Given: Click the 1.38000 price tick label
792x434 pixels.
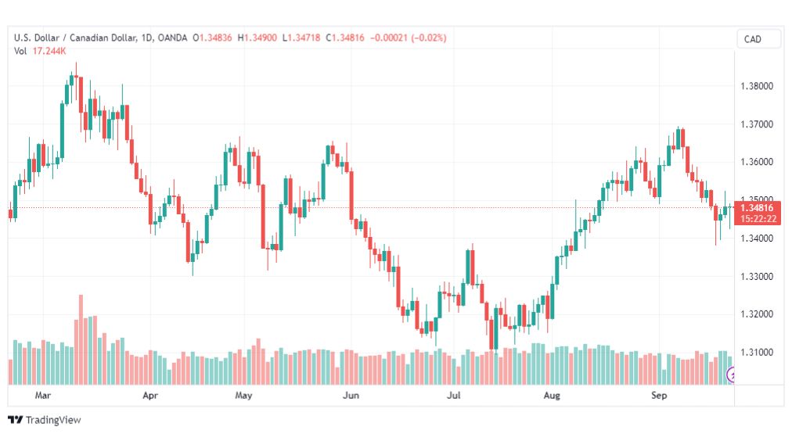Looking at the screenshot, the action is pos(756,86).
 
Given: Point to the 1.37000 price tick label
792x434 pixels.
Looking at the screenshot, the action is pos(756,124).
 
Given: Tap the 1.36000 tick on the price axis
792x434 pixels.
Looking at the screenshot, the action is pos(756,162).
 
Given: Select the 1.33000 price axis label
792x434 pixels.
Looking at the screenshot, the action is pos(756,277).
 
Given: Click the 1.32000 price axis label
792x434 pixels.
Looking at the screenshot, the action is pos(756,314).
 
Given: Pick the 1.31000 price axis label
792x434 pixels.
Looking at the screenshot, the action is pos(756,352).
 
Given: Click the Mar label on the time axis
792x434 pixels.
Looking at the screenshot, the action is pos(43,395).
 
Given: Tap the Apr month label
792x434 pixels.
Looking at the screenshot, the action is pos(150,395).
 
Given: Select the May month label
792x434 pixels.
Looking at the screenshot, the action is pos(243,395).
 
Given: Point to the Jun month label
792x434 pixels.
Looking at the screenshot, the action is pos(351,395).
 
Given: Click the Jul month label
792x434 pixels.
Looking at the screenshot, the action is pos(454,395).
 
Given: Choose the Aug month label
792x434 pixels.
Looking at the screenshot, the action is pos(552,395).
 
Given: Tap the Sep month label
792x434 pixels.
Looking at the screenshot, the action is pos(659,395).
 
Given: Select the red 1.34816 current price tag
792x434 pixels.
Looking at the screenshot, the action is pos(758,213).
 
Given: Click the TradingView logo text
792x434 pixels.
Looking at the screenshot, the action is pos(53,420).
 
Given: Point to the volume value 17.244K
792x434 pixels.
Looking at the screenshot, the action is pos(49,51).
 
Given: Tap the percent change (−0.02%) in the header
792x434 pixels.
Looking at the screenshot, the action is pos(429,38).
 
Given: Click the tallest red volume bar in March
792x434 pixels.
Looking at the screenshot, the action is pos(81,339).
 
